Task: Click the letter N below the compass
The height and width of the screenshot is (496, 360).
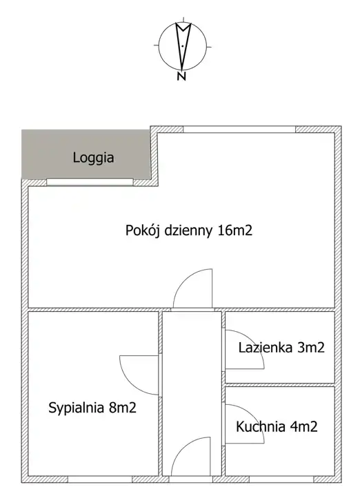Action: pyautogui.click(x=181, y=76)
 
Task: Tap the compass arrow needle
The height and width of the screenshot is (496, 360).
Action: pyautogui.click(x=183, y=46)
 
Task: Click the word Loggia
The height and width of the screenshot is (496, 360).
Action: pyautogui.click(x=93, y=158)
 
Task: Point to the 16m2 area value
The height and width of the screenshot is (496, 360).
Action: pyautogui.click(x=235, y=230)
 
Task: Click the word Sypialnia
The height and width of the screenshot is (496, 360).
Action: pyautogui.click(x=77, y=408)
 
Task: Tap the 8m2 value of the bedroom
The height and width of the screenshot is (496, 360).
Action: pyautogui.click(x=123, y=408)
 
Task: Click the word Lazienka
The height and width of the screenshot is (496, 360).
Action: pyautogui.click(x=265, y=348)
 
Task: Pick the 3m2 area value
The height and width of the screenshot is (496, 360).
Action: pyautogui.click(x=311, y=348)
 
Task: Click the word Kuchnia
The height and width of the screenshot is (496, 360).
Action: pyautogui.click(x=261, y=427)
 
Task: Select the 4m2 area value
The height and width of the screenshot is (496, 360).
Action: pyautogui.click(x=303, y=427)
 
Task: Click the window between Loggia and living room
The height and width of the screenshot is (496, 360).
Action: pyautogui.click(x=90, y=182)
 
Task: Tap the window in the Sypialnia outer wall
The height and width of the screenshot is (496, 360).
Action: pyautogui.click(x=100, y=479)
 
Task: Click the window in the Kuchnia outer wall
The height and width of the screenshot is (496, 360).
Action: pyautogui.click(x=282, y=479)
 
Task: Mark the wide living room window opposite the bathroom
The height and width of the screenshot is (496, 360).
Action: pyautogui.click(x=239, y=130)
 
